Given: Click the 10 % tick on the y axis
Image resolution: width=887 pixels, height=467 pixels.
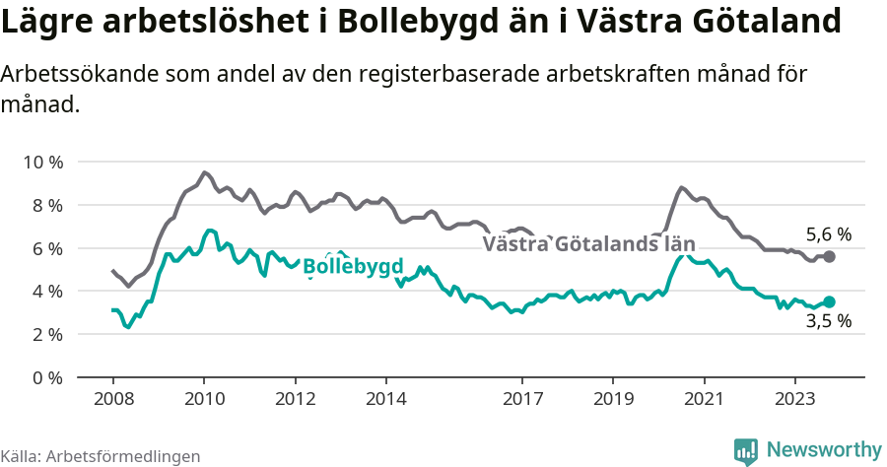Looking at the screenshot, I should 41,162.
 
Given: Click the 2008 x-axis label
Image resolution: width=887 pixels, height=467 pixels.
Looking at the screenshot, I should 112,400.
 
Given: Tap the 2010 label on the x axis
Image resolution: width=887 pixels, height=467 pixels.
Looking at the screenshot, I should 204,400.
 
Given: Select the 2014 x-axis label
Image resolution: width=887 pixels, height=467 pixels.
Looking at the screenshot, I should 386,400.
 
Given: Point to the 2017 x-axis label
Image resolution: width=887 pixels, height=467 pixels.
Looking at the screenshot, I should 522,400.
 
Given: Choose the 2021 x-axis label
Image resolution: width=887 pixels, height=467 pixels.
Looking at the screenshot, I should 705,400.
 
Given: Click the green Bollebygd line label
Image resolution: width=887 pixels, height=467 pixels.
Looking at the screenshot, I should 353,266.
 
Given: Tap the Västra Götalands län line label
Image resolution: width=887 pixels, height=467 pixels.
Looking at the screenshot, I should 589,244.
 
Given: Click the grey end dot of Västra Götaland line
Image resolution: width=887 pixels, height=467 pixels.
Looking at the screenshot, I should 830,256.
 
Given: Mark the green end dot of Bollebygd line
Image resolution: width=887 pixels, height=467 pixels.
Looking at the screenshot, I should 830,301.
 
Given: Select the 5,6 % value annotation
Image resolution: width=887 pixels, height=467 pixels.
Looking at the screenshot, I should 829,234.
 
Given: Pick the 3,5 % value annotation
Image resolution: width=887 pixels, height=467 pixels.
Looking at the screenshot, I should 829,321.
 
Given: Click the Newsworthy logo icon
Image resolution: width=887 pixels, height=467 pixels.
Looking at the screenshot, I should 746,451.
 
